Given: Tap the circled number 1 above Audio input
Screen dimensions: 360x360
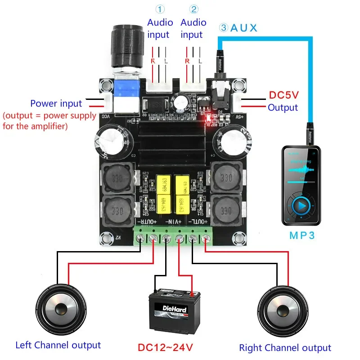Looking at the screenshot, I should coord(160,9).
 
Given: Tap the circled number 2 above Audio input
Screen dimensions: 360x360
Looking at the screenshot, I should coord(193,9).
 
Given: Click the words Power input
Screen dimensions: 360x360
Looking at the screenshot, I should coord(56,103).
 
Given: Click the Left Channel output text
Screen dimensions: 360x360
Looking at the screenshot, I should coord(58,345).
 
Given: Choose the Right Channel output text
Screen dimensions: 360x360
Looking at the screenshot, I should coord(285,347).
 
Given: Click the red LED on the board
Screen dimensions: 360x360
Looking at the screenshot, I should coord(208,120).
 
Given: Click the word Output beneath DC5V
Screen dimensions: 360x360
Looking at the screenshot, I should coord(283,108).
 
